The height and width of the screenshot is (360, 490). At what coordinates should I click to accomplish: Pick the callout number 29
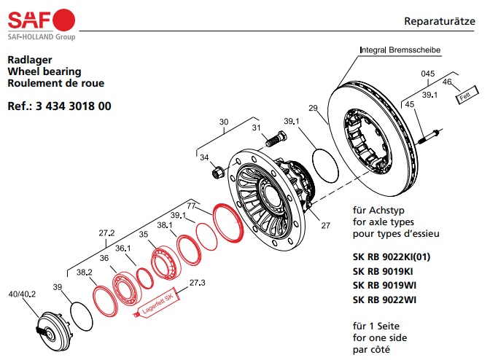(x=314, y=109)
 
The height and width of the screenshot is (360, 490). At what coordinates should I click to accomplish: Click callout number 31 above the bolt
(x=256, y=128)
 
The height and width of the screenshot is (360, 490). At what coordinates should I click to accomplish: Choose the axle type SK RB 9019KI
(x=384, y=271)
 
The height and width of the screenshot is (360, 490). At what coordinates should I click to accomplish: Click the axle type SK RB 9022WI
(x=385, y=300)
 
